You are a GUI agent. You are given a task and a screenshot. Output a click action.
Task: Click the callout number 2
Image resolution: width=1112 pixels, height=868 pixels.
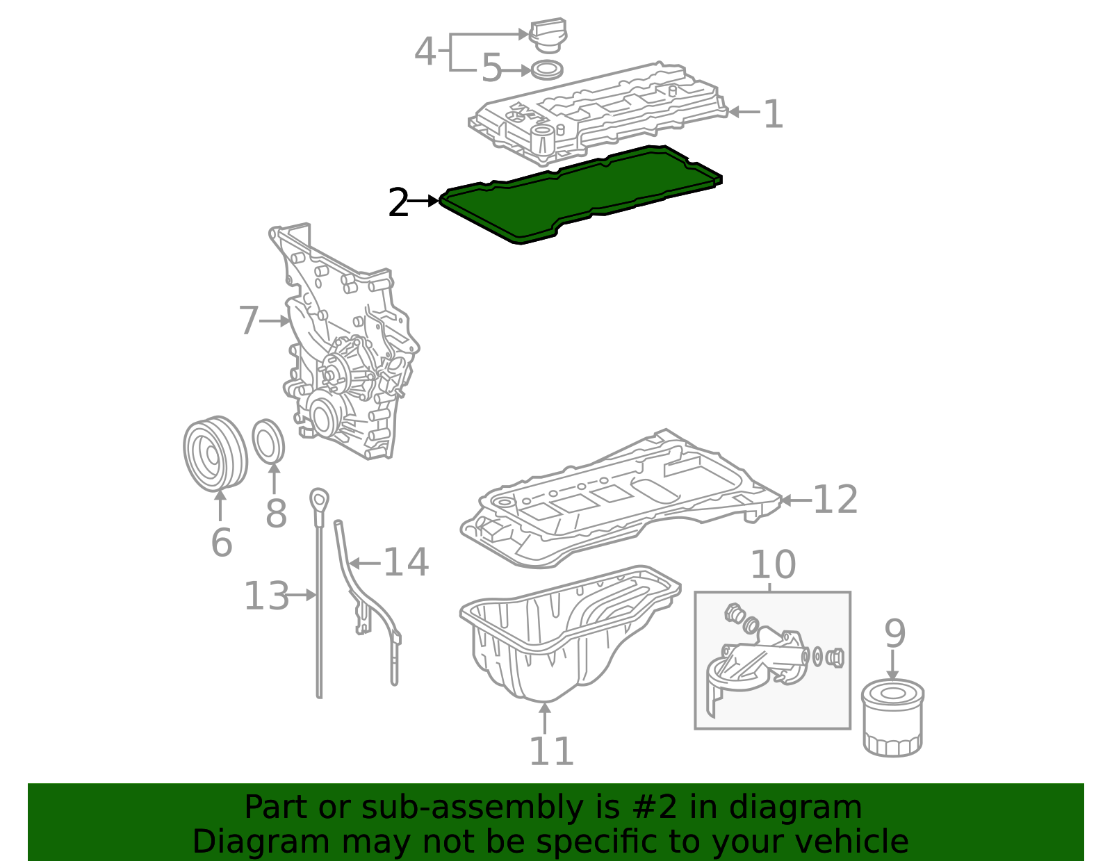pos(399,203)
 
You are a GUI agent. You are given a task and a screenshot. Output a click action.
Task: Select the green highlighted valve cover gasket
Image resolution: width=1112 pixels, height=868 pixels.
pos(581,195)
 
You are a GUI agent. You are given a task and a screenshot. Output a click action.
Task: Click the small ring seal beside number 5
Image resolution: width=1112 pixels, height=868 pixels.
pos(547,69)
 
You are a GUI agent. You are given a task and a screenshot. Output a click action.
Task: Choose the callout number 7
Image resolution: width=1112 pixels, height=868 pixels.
pos(249,320)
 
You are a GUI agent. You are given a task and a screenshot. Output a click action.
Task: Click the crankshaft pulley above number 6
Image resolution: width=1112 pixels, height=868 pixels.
pos(215,453)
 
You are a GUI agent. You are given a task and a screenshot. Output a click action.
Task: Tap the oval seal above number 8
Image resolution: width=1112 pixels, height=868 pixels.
pos(268,441)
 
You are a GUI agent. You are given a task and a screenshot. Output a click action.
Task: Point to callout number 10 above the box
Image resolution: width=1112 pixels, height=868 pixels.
pos(772,564)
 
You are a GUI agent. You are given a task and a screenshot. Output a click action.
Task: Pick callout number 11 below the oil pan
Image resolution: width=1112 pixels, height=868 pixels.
pos(551,751)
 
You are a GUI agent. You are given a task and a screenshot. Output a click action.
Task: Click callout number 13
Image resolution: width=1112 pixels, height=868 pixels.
pos(265,596)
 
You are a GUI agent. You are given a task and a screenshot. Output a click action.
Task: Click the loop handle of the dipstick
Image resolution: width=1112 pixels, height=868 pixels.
pos(319,499)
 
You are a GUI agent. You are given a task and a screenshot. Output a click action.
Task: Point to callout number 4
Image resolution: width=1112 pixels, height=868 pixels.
pos(425,51)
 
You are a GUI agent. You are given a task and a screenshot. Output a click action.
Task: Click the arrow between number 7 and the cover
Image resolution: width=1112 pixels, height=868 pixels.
pos(275,320)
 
